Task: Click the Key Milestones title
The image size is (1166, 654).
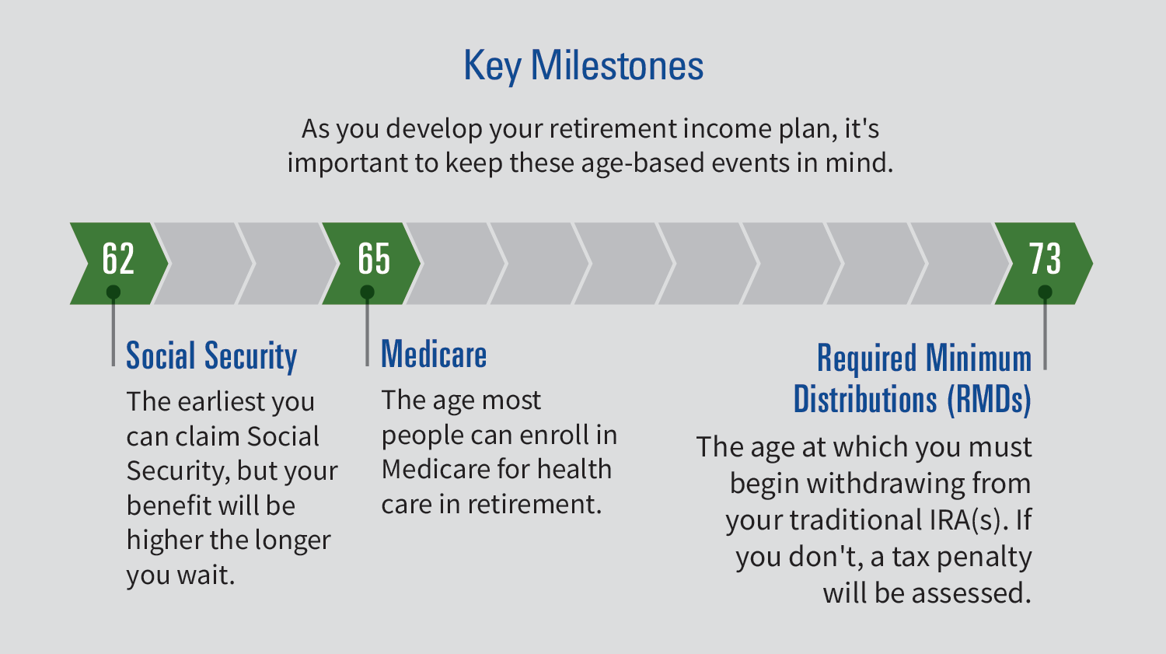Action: (583, 65)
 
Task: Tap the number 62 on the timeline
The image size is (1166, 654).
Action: (118, 258)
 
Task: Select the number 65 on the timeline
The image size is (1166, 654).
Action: (373, 258)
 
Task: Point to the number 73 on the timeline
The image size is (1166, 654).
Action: (1045, 258)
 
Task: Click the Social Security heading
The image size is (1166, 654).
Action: (211, 356)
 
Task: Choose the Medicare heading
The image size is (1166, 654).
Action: (434, 355)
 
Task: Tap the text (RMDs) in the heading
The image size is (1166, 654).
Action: (989, 399)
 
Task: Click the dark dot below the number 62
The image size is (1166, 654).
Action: (113, 292)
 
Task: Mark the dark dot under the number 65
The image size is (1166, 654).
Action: (368, 292)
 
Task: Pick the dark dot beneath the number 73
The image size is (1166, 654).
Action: (1045, 292)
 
